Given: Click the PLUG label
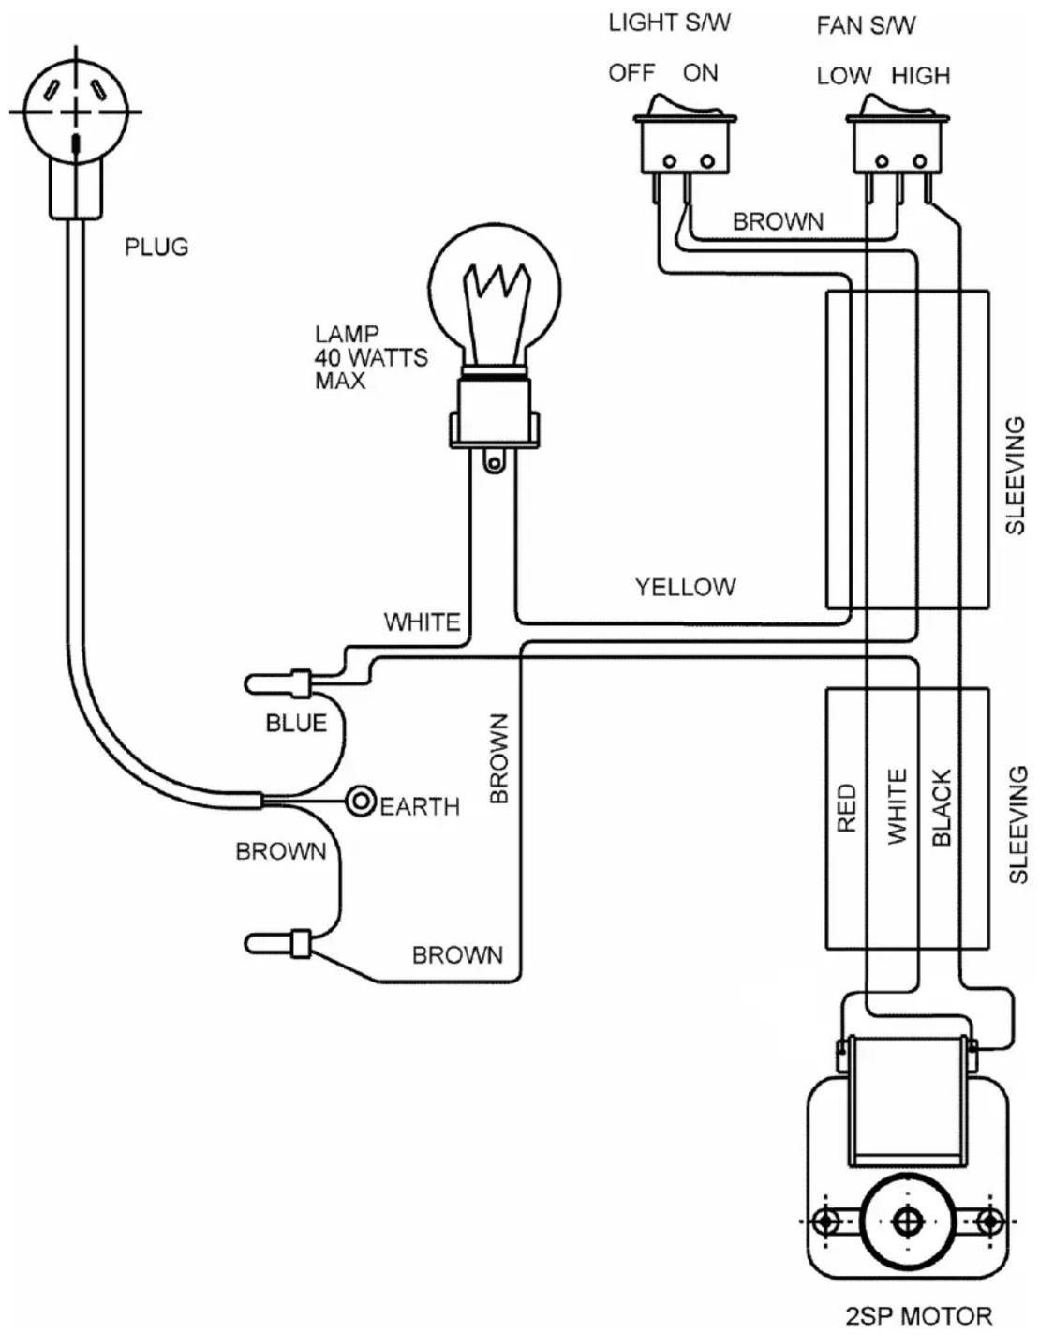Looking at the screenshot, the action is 156,247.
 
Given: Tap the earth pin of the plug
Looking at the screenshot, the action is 76,145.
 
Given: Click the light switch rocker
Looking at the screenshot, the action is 684,106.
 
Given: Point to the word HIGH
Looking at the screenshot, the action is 921,76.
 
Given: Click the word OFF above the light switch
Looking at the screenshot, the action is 631,73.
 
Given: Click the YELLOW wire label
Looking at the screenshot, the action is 685,587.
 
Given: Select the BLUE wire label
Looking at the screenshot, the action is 296,723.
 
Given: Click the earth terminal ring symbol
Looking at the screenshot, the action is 362,802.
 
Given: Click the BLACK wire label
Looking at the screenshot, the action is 942,807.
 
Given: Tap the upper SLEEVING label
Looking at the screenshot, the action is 1016,476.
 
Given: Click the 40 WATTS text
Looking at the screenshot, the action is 371,357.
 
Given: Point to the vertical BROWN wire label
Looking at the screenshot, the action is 499,758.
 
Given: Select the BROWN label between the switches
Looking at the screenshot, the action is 779,222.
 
